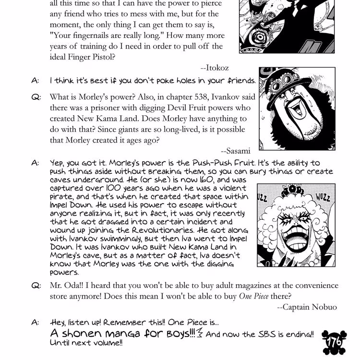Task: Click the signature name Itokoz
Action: pos(222,69)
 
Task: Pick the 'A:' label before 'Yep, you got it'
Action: pos(36,163)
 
